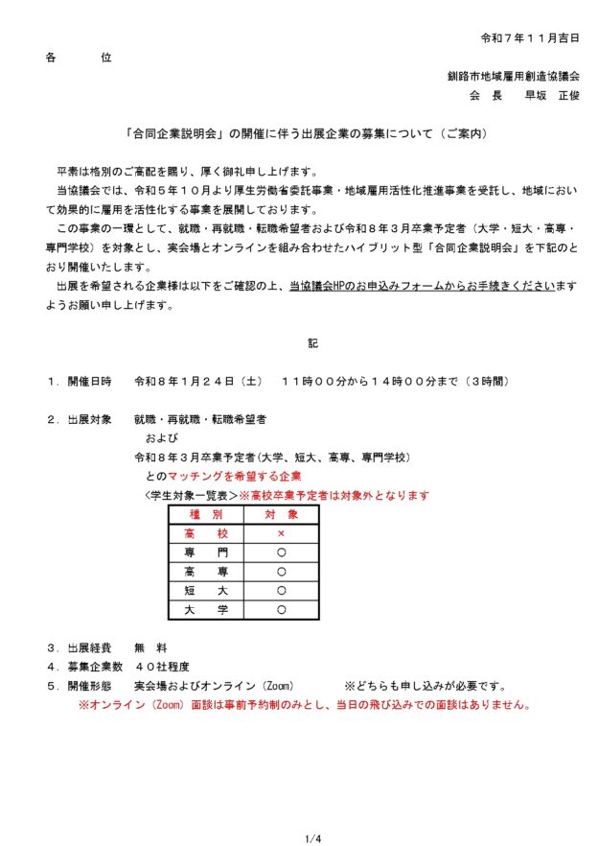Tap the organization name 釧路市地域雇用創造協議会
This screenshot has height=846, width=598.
tap(512, 76)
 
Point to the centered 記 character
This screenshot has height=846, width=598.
tap(311, 341)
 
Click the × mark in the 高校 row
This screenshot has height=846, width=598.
tap(281, 532)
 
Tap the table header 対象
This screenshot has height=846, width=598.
tap(281, 514)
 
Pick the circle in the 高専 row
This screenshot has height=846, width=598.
tap(281, 571)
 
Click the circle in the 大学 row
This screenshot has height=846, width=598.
tap(281, 608)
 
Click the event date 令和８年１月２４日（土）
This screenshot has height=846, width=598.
tap(200, 381)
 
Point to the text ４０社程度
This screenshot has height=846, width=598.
tap(163, 666)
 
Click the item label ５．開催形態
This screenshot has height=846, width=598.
tap(80, 685)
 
